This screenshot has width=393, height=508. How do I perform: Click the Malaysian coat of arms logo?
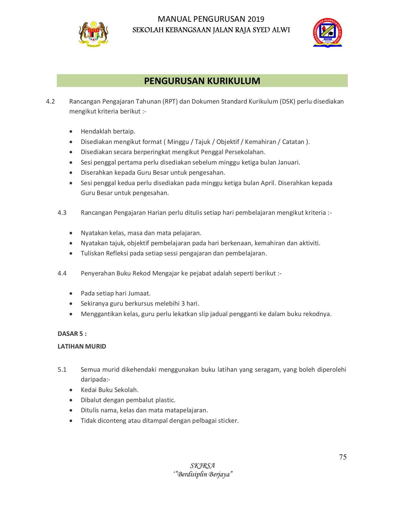(x=93, y=33)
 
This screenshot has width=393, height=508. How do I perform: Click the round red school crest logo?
(x=327, y=33)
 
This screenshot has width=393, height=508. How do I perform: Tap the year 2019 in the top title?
(x=256, y=19)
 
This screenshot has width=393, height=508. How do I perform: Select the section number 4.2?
(x=50, y=102)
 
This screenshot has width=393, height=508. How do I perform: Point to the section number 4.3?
(x=62, y=213)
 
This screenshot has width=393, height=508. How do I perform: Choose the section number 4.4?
(x=62, y=273)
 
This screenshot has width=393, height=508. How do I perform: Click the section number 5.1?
(x=62, y=370)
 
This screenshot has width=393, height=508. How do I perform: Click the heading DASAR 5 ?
(x=72, y=334)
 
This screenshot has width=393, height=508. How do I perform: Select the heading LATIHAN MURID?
(x=82, y=347)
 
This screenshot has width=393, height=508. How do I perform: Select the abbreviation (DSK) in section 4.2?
(x=287, y=102)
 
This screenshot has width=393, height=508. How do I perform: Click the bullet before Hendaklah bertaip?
(x=71, y=132)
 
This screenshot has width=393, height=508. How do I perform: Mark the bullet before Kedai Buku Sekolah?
(x=71, y=390)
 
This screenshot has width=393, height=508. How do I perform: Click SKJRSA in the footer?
(x=202, y=466)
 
